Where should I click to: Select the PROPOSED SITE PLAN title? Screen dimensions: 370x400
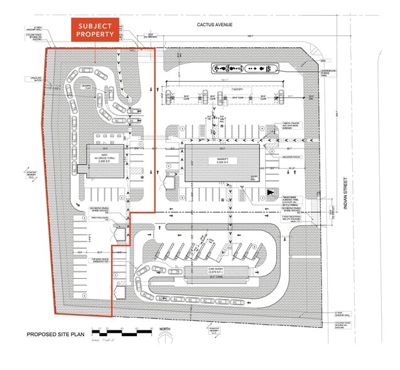(x=55, y=334)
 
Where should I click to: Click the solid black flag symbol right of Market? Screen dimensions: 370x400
(x=270, y=193)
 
